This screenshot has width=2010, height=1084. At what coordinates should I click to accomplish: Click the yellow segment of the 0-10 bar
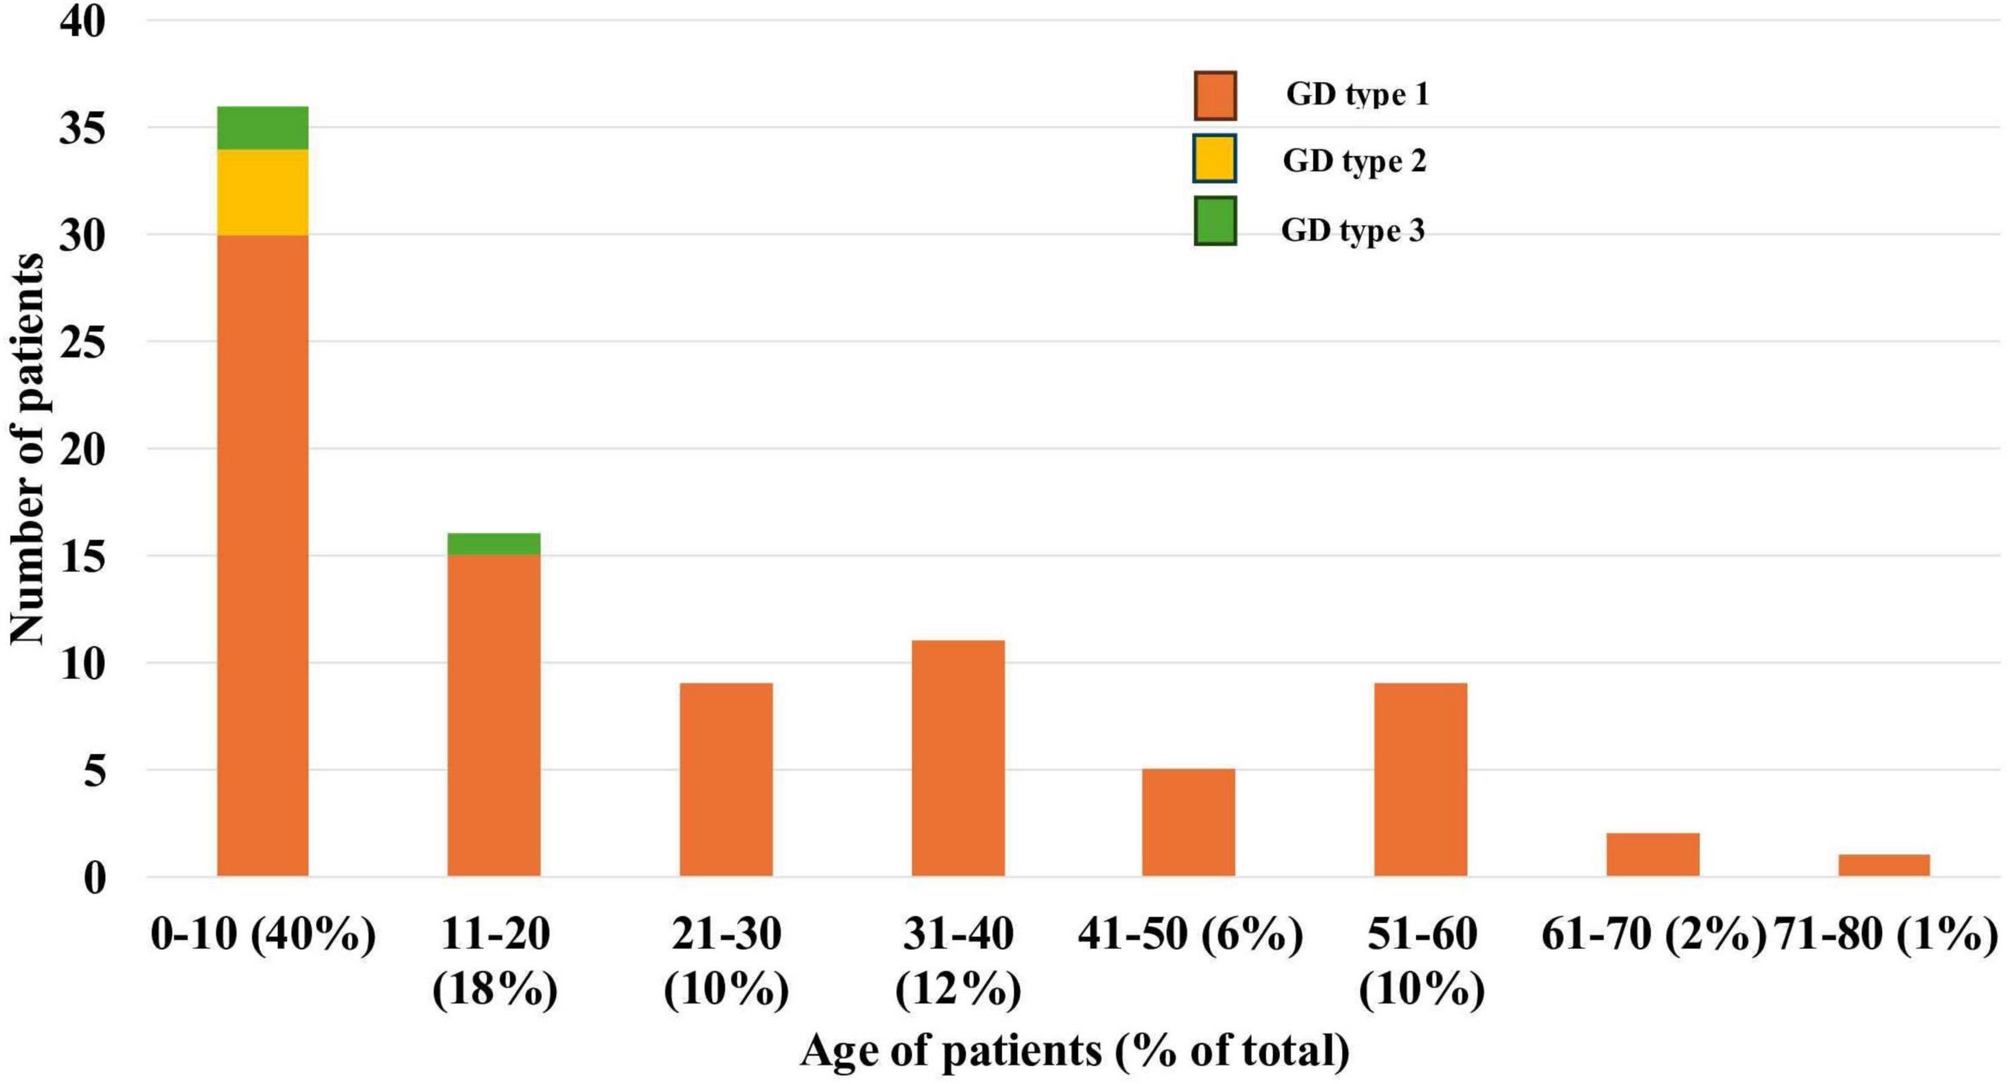pos(262,192)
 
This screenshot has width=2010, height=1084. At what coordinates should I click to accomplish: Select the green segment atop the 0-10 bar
pos(262,128)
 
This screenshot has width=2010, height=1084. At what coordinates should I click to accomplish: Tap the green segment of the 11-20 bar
pos(493,544)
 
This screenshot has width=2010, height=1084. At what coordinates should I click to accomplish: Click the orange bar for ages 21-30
pos(726,780)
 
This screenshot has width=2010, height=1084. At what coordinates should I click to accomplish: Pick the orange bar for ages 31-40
pos(958,758)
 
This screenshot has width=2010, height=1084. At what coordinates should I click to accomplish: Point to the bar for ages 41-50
pos(1188,822)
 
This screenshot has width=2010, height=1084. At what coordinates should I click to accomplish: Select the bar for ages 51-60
pos(1420,780)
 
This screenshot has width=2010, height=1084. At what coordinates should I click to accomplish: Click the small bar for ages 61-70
pos(1652,855)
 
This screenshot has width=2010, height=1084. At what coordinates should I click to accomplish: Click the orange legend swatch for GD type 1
pos(1215,96)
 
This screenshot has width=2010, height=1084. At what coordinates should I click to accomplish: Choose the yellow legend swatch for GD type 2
pos(1215,159)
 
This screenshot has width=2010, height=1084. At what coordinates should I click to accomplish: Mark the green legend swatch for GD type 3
pos(1215,221)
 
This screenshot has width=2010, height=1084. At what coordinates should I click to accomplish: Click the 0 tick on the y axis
pos(94,879)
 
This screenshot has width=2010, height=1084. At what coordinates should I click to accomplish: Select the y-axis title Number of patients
pos(27,449)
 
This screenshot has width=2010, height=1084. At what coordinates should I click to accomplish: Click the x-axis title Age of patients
pos(1075,1050)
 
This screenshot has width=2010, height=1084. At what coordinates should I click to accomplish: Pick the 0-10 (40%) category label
pos(263,934)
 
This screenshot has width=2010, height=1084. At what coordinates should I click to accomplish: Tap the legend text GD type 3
pos(1352,230)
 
